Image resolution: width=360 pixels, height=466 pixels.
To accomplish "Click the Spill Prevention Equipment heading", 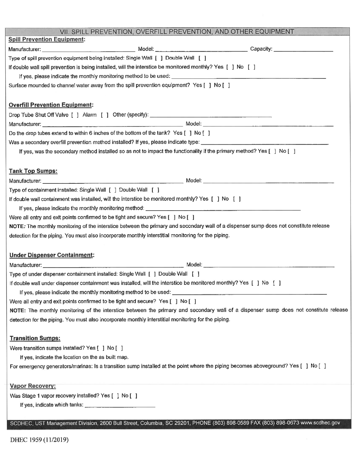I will [x=47, y=39].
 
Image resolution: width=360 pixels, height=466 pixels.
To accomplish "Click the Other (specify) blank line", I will [x=211, y=115].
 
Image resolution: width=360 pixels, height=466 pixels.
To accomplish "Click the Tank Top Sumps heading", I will [x=33, y=171].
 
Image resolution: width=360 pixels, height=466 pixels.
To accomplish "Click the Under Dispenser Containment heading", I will [x=52, y=255].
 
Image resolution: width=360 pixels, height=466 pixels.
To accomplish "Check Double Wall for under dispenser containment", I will [x=196, y=274].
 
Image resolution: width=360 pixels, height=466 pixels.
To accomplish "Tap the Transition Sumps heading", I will [x=34, y=338].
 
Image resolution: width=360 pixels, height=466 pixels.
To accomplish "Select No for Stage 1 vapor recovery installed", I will [x=133, y=396].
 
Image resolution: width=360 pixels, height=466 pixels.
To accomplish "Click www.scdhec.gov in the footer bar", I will [x=320, y=423].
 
